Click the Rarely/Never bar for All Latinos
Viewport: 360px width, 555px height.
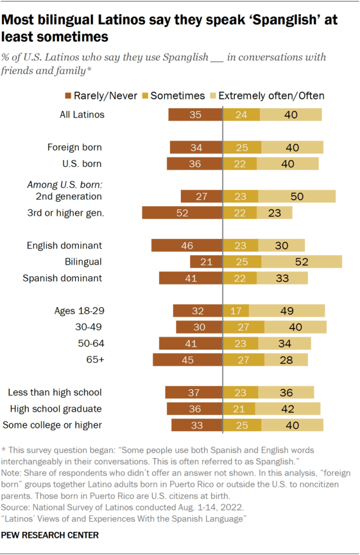pos(195,115)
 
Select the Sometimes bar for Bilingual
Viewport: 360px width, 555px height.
pos(242,262)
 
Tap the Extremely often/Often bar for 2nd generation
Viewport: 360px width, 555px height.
pos(297,197)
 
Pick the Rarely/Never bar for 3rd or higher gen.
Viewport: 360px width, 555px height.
pos(182,213)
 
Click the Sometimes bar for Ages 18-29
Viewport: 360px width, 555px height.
pos(236,311)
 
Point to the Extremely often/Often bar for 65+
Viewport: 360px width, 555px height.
pos(286,360)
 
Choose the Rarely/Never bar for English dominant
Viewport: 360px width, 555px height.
pos(187,246)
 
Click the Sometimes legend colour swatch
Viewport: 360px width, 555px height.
pos(146,96)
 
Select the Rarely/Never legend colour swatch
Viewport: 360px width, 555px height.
pos(68,96)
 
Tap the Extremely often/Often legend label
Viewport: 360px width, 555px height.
pos(270,96)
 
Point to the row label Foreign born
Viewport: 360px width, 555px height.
pos(75,148)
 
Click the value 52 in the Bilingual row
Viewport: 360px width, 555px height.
pos(302,262)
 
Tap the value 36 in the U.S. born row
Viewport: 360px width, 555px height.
pos(195,164)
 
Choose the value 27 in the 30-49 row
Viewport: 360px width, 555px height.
pos(244,327)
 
